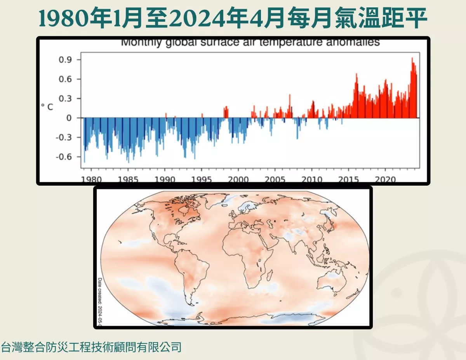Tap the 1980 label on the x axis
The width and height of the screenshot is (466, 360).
coord(92,180)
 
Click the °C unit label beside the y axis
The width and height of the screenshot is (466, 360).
coord(47,107)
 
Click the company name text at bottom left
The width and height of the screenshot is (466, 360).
coord(92,346)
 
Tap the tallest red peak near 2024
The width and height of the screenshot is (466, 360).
coord(412,59)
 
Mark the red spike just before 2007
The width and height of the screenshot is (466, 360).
coord(290,96)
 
